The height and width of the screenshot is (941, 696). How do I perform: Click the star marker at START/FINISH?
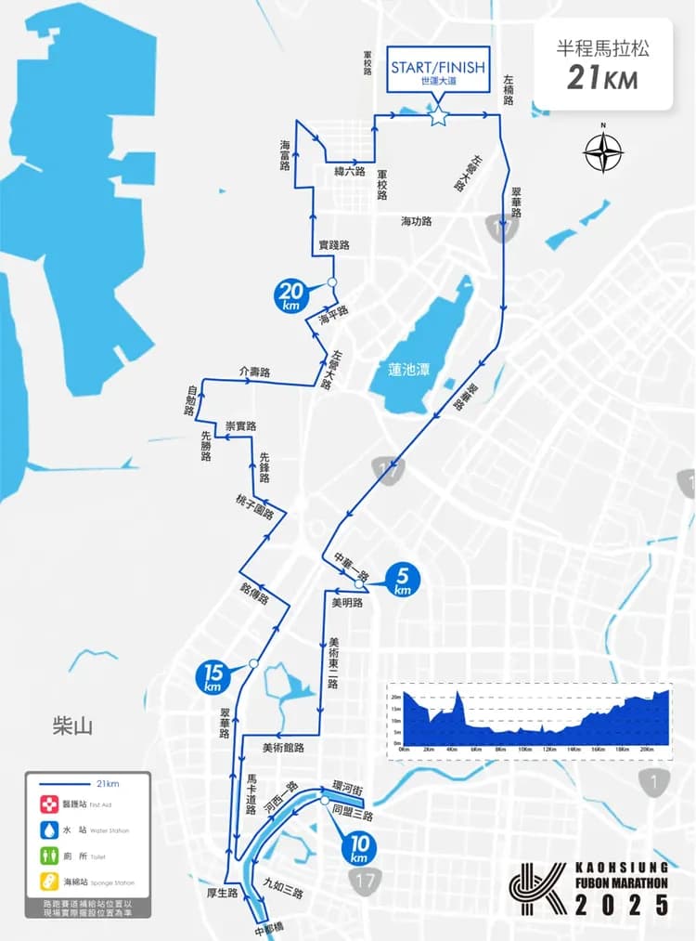tap(438, 116)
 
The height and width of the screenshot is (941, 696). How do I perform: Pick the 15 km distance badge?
tap(213, 676)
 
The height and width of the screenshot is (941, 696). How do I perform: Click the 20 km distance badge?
tap(291, 295)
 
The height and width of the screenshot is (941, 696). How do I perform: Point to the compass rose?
tap(603, 152)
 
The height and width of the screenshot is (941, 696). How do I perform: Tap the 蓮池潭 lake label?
tap(409, 369)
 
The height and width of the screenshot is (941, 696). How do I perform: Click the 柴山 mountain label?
tap(72, 725)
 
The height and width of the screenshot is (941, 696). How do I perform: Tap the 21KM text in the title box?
tap(602, 78)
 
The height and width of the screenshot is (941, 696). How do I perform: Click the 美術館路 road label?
tap(283, 747)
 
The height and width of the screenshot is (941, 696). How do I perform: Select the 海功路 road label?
tap(417, 221)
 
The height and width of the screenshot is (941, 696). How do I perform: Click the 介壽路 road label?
tap(253, 372)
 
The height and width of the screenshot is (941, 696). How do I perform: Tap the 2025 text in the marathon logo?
tap(621, 906)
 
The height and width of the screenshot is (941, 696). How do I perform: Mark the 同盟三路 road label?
tap(352, 815)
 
